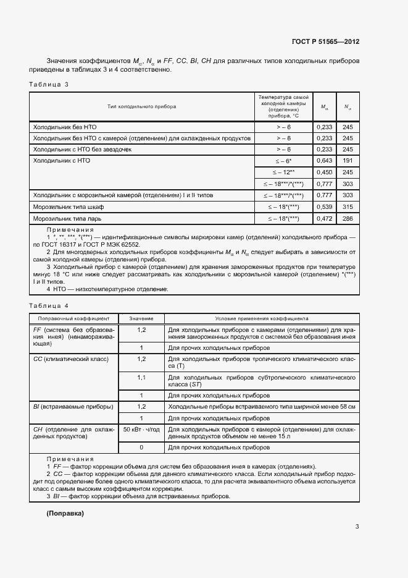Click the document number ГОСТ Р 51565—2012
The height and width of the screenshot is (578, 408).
pyautogui.click(x=325, y=41)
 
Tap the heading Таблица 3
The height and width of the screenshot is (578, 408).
pyautogui.click(x=49, y=84)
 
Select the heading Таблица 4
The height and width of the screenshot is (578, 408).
pyautogui.click(x=49, y=306)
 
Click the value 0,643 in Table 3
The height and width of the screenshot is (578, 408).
pyautogui.click(x=325, y=161)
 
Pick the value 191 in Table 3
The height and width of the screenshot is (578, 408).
pyautogui.click(x=348, y=161)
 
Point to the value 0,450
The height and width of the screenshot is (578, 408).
pyautogui.click(x=325, y=172)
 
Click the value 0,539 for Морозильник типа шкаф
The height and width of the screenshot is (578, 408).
pyautogui.click(x=325, y=206)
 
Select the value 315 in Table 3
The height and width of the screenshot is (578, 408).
pyautogui.click(x=348, y=206)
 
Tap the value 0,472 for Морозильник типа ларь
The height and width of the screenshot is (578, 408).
pyautogui.click(x=325, y=218)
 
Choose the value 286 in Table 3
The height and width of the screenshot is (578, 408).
pyautogui.click(x=348, y=218)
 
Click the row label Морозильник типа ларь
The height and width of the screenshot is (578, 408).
pyautogui.click(x=67, y=218)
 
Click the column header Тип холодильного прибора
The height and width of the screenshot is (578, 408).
pyautogui.click(x=141, y=107)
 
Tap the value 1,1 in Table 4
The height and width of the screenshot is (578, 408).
pyautogui.click(x=141, y=377)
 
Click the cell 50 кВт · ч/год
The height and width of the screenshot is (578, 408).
pyautogui.click(x=141, y=430)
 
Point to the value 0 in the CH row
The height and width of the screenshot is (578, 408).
pyautogui.click(x=141, y=447)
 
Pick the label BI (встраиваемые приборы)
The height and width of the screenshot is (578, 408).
pyautogui.click(x=73, y=407)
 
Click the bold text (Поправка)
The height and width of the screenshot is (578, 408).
pyautogui.click(x=65, y=514)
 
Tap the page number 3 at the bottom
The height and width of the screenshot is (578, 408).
pyautogui.click(x=357, y=527)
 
